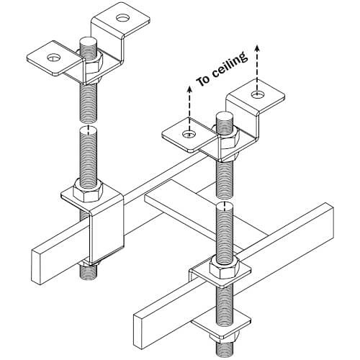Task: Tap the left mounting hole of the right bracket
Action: tap(188, 134)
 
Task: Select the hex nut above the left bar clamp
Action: tap(85, 192)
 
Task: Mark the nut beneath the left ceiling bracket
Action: tap(91, 71)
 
